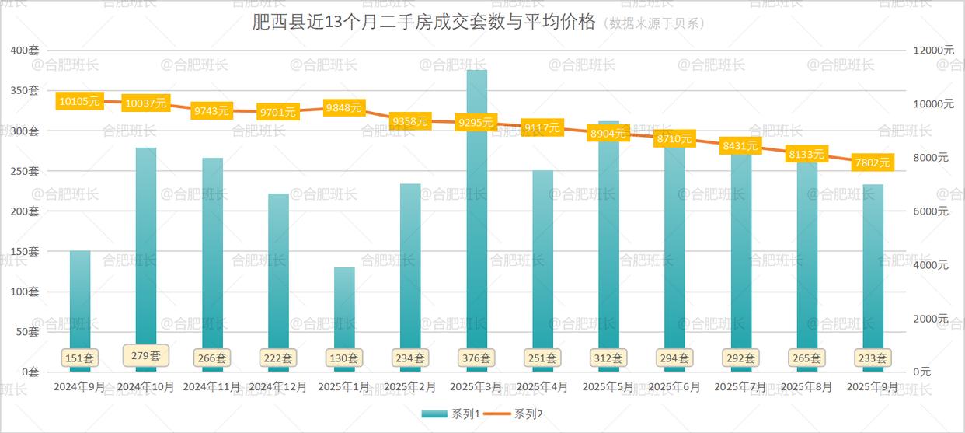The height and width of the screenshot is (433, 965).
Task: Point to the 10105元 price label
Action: point(80,101)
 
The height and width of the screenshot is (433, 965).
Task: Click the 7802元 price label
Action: point(873,162)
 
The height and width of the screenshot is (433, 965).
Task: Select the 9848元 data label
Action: point(344,108)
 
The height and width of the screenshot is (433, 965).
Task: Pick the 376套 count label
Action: point(476,358)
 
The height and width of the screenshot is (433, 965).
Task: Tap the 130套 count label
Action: point(344,358)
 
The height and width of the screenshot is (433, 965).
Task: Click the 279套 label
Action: point(146,356)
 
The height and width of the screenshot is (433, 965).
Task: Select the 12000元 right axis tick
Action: point(933,51)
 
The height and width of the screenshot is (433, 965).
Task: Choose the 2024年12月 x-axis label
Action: point(278,386)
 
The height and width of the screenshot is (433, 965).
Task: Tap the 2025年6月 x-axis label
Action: point(674,386)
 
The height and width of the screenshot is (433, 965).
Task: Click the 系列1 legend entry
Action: point(450,414)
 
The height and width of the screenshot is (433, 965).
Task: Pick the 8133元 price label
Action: point(806,154)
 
